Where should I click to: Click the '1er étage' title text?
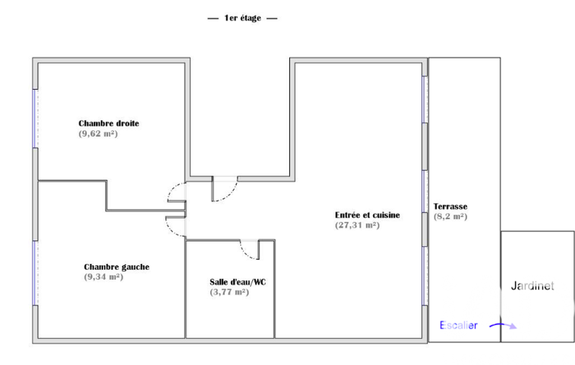[x=242, y=18]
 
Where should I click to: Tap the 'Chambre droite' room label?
[x=109, y=124]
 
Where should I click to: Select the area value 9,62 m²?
[x=98, y=134]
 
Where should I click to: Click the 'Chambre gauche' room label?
[x=117, y=267]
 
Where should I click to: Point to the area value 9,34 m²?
[x=104, y=277]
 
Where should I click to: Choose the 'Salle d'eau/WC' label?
[x=238, y=282]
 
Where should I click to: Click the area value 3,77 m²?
[x=229, y=293]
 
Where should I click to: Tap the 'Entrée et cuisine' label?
[x=367, y=215]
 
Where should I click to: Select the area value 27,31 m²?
[x=357, y=225]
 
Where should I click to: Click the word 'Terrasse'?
[x=450, y=207]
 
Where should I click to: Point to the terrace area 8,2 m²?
[x=450, y=217]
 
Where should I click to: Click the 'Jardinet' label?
[x=532, y=286]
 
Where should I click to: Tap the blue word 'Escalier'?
[x=458, y=325]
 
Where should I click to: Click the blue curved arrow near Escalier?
[x=503, y=324]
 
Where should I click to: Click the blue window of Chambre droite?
[x=35, y=118]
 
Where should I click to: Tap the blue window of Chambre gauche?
[x=35, y=273]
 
